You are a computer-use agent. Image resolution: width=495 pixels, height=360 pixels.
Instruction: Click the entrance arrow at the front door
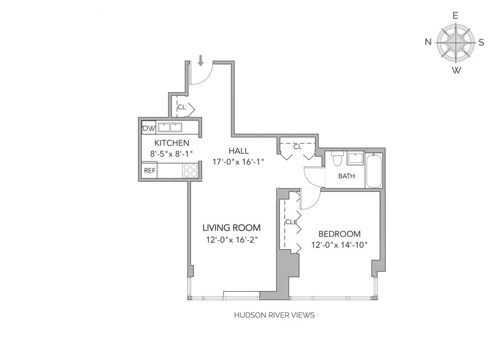[201, 61]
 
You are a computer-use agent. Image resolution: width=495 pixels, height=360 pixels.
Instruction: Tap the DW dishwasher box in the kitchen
[149, 128]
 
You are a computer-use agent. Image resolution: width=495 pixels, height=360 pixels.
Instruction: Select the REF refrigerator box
[149, 171]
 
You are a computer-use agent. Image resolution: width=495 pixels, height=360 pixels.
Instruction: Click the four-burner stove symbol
[190, 170]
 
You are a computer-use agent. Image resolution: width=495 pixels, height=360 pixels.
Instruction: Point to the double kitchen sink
[170, 128]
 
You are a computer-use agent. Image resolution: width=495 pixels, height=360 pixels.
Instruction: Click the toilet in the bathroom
[337, 159]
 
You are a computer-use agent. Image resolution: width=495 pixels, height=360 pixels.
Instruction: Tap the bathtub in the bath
[374, 171]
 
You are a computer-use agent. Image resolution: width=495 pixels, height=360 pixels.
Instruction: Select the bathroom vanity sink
[355, 159]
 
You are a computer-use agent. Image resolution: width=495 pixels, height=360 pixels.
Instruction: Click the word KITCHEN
[172, 143]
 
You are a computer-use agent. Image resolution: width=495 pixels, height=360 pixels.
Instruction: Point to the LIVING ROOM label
[231, 227]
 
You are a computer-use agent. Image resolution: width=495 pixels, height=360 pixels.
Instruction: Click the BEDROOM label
[339, 234]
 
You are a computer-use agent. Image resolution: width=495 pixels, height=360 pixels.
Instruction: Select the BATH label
[346, 176]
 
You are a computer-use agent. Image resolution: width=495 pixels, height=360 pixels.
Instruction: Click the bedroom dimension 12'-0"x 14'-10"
[339, 245]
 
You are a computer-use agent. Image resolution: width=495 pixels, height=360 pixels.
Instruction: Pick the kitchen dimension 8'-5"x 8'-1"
[172, 154]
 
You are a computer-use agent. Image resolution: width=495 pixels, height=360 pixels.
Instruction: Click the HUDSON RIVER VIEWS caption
[274, 315]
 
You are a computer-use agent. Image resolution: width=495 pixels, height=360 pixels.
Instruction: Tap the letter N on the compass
[429, 42]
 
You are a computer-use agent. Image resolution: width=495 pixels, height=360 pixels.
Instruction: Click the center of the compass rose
[455, 42]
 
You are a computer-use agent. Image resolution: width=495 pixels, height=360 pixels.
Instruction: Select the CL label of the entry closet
[181, 107]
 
